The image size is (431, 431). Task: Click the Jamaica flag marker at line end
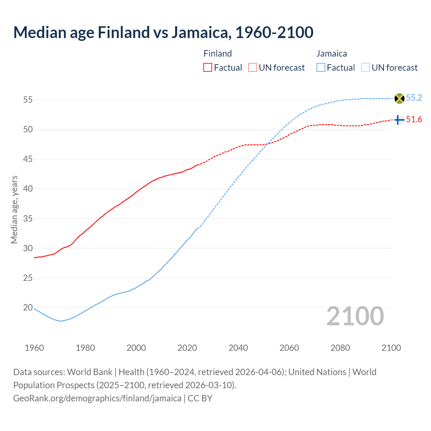pos(399,98)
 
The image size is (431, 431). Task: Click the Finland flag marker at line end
pos(399,120)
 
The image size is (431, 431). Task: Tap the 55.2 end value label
pos(414,98)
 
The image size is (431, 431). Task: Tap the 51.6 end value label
pos(414,120)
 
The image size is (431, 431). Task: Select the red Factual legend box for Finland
pos(208,68)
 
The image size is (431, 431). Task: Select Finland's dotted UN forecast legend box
pos(253,68)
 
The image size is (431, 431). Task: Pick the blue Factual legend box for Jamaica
pos(321,68)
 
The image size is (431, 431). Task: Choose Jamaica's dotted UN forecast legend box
pos(365,68)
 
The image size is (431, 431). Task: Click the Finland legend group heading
pos(218,54)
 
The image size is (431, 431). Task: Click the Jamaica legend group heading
pos(331,54)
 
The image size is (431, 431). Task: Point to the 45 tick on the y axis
pos(28,159)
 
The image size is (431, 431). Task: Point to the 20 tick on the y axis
pos(28,307)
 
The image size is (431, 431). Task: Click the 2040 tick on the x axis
pos(238,348)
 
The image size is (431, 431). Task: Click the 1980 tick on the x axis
pos(85,348)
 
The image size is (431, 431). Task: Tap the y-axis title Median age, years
pos(14,209)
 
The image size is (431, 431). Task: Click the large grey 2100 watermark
pos(355,316)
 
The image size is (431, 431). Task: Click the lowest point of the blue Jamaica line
pos(61,321)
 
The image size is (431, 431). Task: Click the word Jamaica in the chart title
pos(201,33)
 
